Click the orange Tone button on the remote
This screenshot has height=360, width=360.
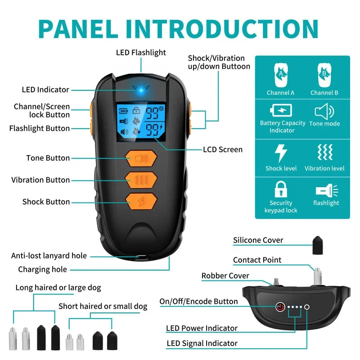[x=141, y=158]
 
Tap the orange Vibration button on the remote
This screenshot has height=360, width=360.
[x=141, y=180]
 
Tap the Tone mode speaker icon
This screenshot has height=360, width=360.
[x=324, y=110]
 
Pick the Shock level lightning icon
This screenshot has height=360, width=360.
[x=281, y=153]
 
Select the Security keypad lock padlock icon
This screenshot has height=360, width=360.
[x=281, y=189]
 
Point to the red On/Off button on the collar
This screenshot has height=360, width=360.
[x=280, y=307]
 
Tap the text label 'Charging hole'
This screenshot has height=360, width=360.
[x=42, y=270]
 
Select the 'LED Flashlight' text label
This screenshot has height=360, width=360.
[x=141, y=53]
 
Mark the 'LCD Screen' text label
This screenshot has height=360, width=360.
[x=223, y=149]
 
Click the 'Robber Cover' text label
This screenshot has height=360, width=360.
[x=225, y=276]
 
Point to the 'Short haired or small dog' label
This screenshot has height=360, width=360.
[x=103, y=306]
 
